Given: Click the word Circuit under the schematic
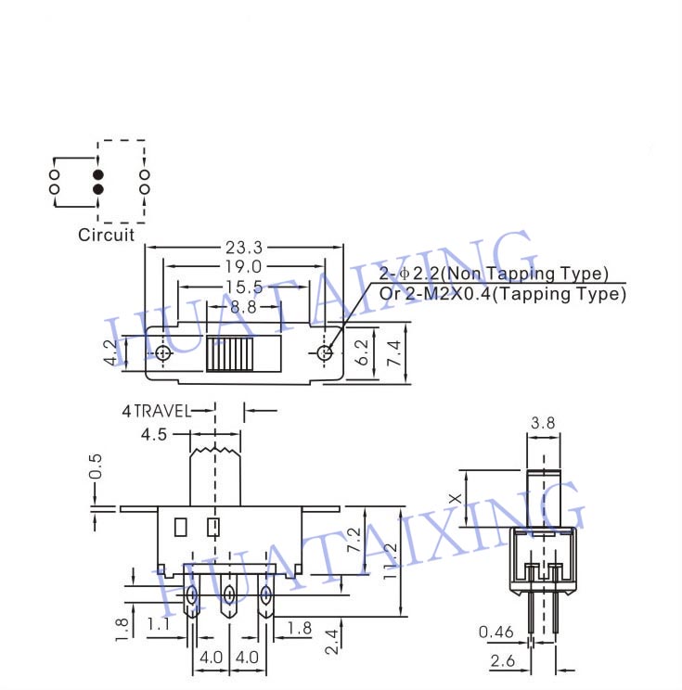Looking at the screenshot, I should [106, 235].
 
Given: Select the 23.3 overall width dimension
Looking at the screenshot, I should [244, 248].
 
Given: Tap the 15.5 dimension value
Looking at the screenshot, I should [242, 287].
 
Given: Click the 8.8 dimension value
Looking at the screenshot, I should [244, 306].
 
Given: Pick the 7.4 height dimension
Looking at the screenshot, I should [394, 352].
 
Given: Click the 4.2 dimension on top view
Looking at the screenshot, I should [111, 352].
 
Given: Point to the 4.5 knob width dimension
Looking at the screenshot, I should [155, 434].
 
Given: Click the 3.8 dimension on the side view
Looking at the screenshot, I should [543, 424].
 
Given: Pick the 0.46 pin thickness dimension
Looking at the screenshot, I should [496, 632].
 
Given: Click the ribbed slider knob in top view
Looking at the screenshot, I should [229, 354].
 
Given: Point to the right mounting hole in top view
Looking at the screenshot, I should [324, 352].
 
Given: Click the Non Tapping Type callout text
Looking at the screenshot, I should [494, 274].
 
